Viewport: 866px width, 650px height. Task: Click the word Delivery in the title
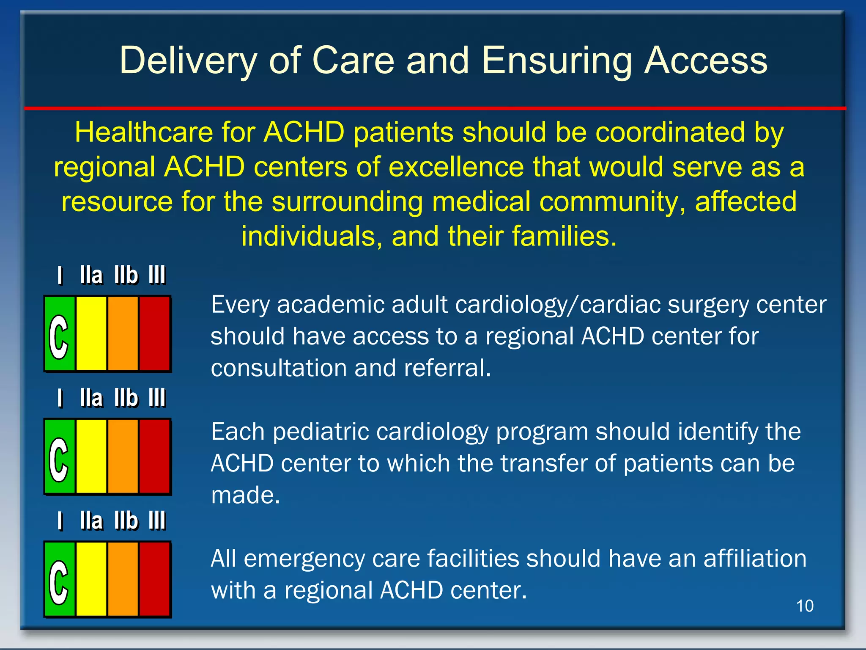188,61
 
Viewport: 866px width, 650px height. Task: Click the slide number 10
805,606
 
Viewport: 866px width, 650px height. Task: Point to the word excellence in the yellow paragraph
455,167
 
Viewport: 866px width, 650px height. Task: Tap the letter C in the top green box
59,337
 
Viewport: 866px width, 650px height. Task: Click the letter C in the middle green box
59,460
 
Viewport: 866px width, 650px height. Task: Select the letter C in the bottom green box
59,582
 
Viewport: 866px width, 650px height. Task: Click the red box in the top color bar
155,334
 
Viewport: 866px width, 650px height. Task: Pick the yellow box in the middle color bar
91,457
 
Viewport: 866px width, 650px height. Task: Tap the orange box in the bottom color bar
123,579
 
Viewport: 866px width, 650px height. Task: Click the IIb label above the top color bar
126,275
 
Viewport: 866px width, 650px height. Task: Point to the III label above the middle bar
157,398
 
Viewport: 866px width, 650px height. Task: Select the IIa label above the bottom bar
91,521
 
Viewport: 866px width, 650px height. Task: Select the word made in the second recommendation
245,495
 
